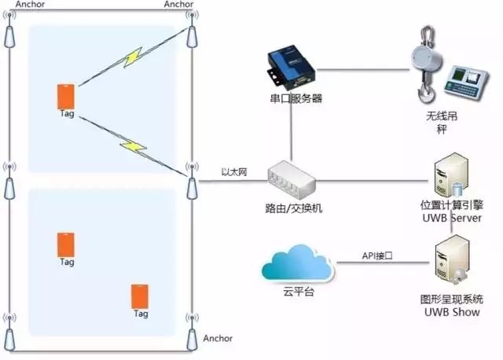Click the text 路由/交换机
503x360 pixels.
click(293, 209)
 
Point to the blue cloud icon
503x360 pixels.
click(297, 265)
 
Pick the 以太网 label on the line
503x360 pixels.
click(234, 172)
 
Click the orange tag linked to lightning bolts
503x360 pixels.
click(66, 96)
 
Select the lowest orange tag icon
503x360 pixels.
click(141, 296)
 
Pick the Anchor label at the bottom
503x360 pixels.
click(218, 338)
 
